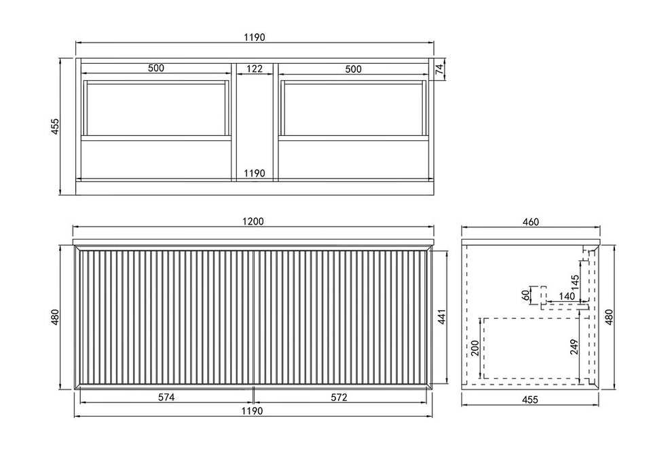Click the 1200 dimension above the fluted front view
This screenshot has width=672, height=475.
tap(253, 221)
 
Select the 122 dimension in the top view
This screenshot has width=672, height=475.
tap(254, 69)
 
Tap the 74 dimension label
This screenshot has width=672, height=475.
tap(439, 69)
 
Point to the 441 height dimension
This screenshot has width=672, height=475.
tap(442, 316)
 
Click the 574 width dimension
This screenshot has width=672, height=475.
tap(166, 398)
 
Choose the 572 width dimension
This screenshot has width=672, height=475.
tap(339, 398)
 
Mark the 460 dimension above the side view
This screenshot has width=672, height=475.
tap(531, 222)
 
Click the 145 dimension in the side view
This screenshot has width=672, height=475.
tap(575, 282)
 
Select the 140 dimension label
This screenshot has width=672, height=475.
tap(567, 297)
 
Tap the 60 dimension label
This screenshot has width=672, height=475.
tap(526, 295)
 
